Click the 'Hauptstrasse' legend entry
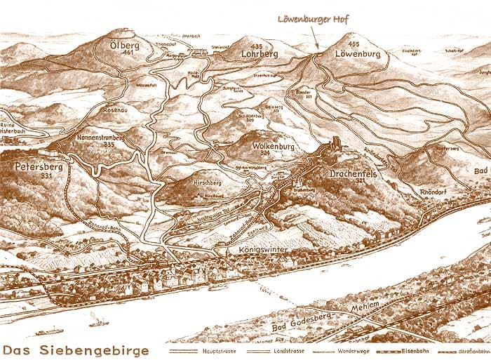pyautogui.click(x=211, y=349)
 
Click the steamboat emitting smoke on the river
pyautogui.click(x=98, y=322)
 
